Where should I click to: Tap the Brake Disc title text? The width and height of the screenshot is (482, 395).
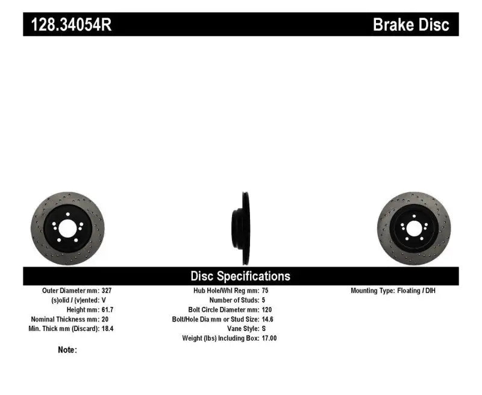tap(411, 24)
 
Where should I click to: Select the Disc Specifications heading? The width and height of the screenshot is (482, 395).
tap(240, 276)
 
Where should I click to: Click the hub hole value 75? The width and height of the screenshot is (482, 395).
tap(266, 290)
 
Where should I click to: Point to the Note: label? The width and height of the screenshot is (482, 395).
tap(67, 350)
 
